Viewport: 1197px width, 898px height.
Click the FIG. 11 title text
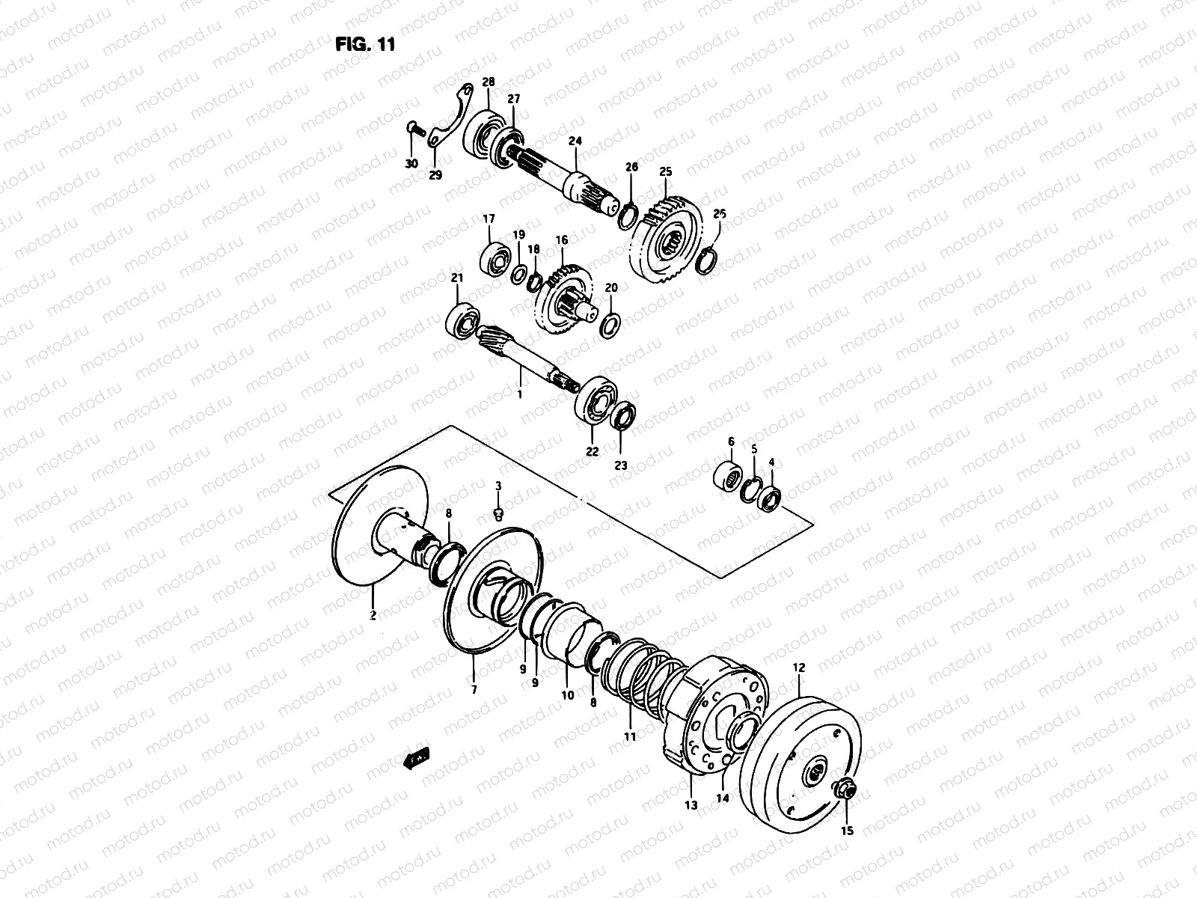(x=364, y=44)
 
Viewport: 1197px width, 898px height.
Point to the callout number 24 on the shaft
(x=575, y=141)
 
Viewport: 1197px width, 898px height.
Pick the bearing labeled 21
(x=462, y=320)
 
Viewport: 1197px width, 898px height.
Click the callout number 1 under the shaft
(x=521, y=392)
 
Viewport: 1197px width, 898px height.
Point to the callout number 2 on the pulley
(x=373, y=615)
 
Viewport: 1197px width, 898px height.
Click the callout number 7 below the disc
(x=473, y=688)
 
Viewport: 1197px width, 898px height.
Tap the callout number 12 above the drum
(x=799, y=666)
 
